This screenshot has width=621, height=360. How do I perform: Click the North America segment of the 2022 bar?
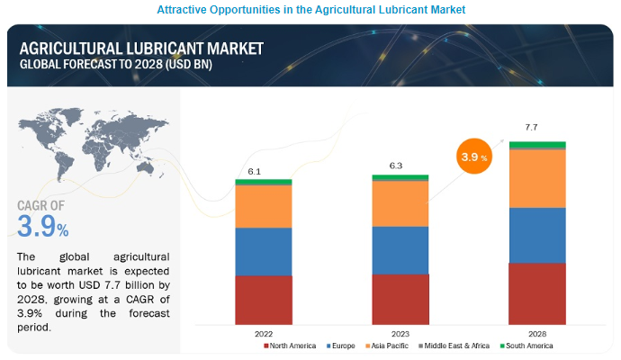(264, 299)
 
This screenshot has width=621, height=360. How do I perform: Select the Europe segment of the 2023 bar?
(400, 250)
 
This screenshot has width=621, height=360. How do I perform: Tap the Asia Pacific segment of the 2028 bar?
(537, 178)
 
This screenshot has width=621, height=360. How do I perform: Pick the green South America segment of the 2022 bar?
(264, 182)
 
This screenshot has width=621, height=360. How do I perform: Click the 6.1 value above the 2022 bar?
(255, 171)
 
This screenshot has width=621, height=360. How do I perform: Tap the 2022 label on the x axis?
(264, 331)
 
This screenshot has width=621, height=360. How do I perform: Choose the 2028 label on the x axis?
(537, 331)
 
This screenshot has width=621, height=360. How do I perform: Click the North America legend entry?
(289, 346)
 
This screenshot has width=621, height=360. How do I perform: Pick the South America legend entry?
(530, 346)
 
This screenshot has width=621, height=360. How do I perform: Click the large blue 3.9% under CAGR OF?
(42, 228)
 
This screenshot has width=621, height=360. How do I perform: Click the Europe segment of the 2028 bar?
(537, 235)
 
